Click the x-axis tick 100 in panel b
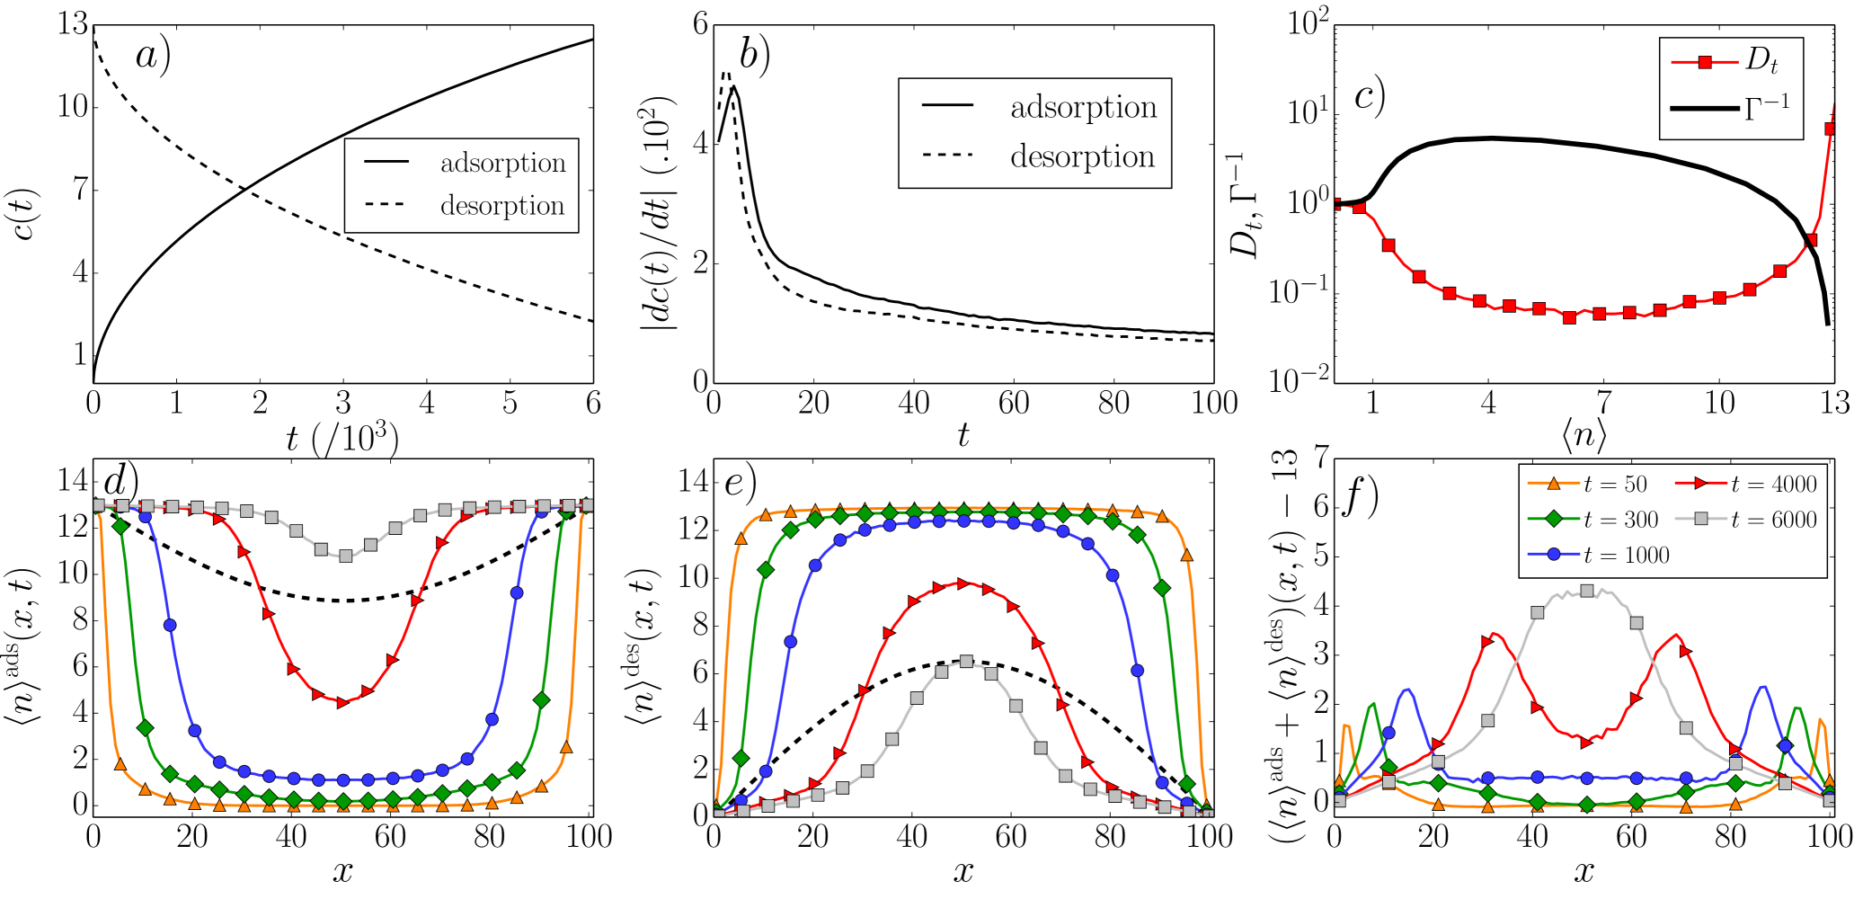[x=1213, y=404]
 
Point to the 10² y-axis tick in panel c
[x=1308, y=22]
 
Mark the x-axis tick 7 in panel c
[x=1603, y=403]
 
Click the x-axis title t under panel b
[x=963, y=436]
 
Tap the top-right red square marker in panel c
[x=1830, y=129]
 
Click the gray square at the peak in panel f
[x=1586, y=591]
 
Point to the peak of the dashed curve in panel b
[x=727, y=74]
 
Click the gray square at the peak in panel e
[x=966, y=661]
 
